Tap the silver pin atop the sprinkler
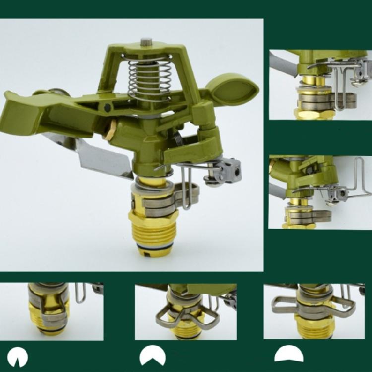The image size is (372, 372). pyautogui.click(x=146, y=42)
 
